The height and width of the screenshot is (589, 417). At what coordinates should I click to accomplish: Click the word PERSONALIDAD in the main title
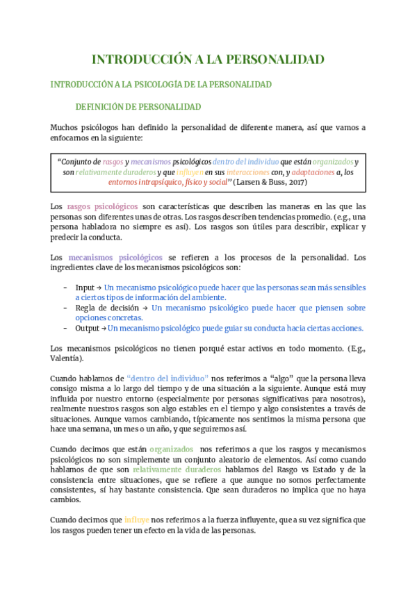tap(277, 59)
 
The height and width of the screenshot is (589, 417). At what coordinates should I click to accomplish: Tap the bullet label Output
tap(88, 329)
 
